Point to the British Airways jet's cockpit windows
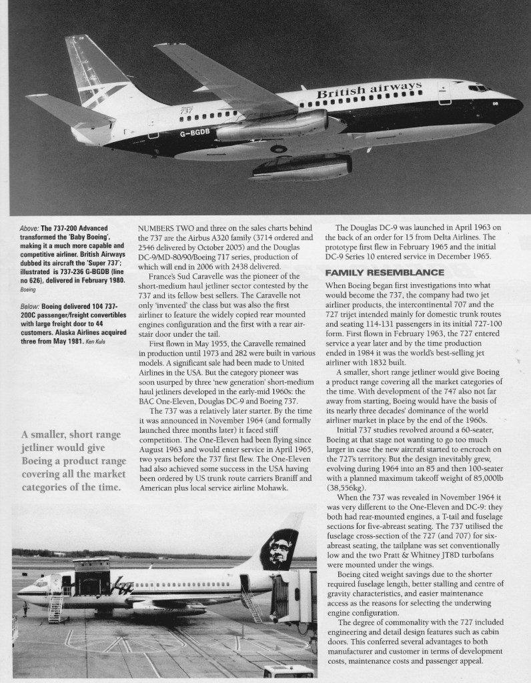tap(478, 87)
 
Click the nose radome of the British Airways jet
tap(515, 105)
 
